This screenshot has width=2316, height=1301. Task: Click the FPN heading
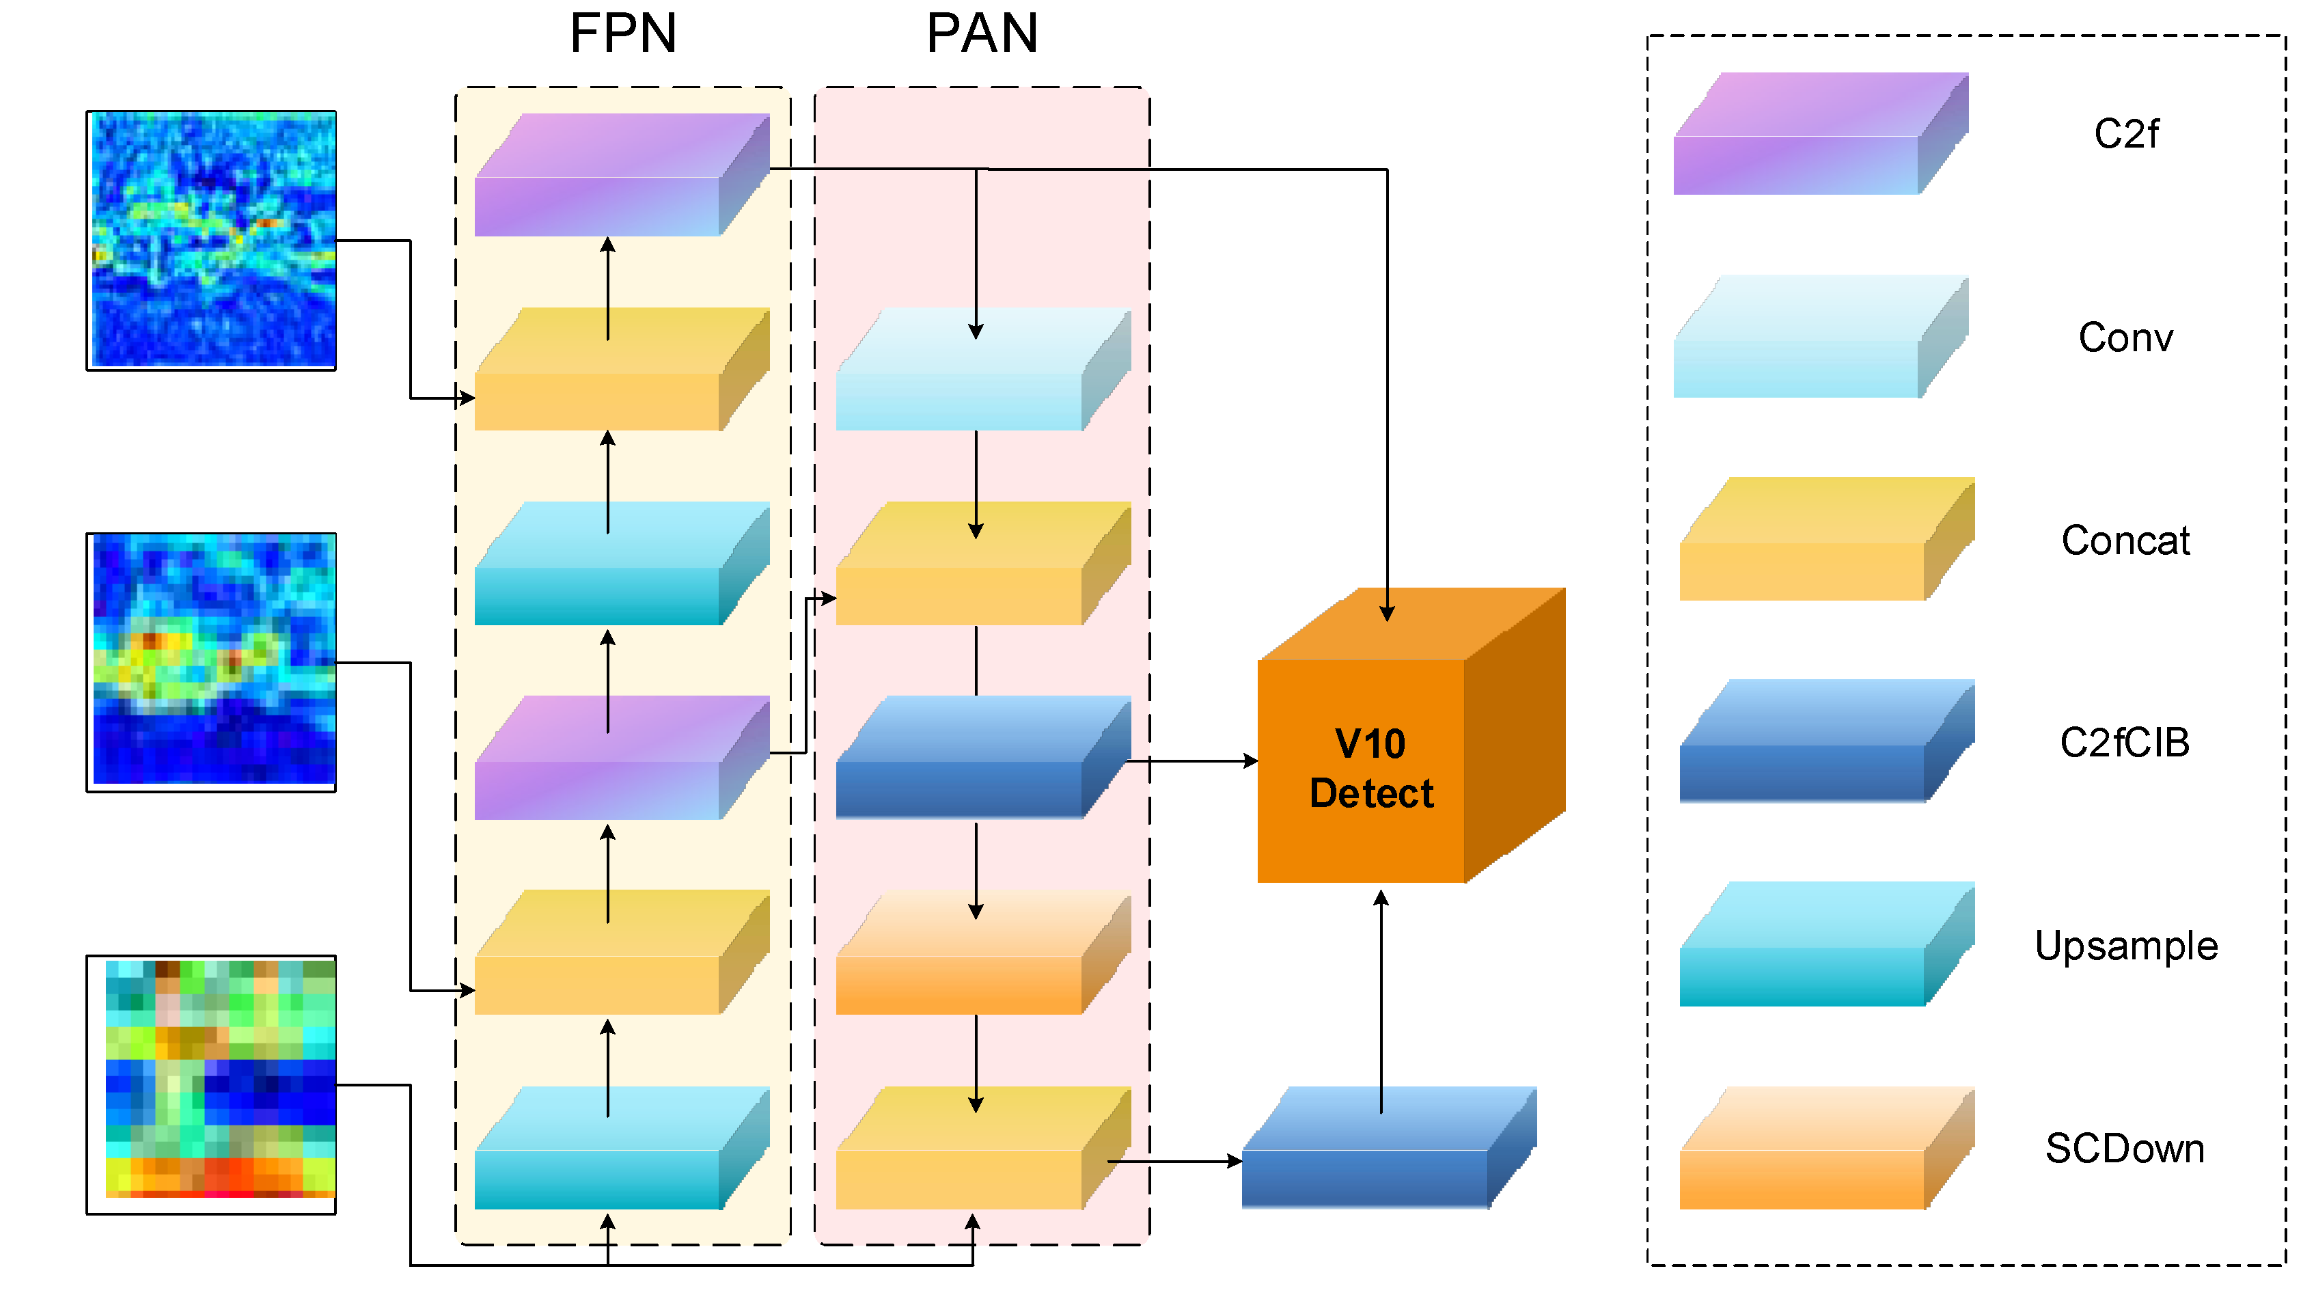point(623,34)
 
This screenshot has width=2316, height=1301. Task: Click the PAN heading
point(982,34)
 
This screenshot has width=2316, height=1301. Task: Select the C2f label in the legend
point(2125,134)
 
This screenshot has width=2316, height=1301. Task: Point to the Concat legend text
point(2125,540)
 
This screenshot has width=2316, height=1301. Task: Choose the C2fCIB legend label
point(2125,743)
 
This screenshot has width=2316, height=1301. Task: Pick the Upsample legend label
point(2125,946)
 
